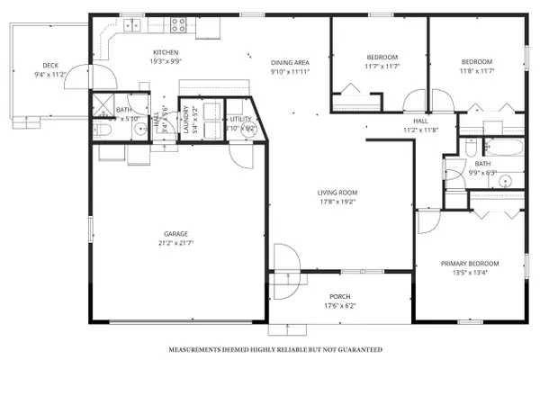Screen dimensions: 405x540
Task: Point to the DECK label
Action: coord(50,65)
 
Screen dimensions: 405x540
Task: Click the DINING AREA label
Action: coord(290,61)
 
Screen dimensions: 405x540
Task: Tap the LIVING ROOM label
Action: coord(337,192)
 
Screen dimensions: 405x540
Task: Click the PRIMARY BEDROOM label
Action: coord(469,264)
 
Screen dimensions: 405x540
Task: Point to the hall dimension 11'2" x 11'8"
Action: coord(419,130)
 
